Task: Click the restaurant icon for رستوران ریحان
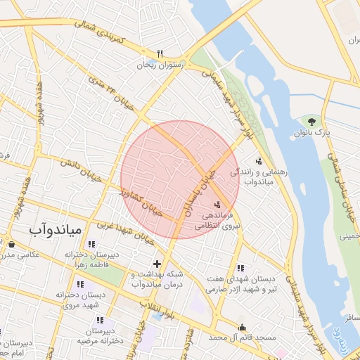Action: tap(160, 53)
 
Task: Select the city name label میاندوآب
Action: tap(57, 230)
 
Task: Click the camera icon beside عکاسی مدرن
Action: tap(11, 244)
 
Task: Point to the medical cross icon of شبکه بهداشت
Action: tap(156, 264)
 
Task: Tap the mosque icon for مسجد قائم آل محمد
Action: tap(243, 327)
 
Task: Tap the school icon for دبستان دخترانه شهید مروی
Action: tap(79, 285)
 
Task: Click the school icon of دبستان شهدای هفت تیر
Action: tap(240, 268)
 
